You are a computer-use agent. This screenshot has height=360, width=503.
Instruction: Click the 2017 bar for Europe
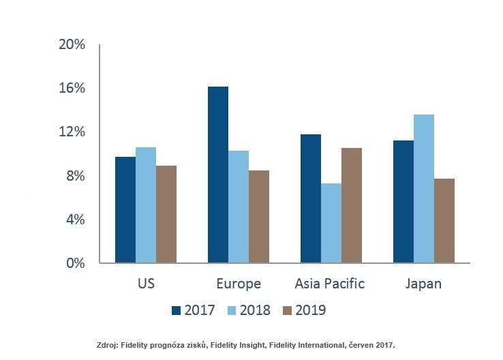point(218,175)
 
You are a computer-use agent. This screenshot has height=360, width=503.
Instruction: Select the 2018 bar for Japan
point(424,189)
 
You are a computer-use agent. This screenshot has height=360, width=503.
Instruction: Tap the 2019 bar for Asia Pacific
point(352,205)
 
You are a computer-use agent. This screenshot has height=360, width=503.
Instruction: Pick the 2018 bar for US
point(146,205)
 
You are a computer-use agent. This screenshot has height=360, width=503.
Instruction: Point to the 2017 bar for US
point(125,210)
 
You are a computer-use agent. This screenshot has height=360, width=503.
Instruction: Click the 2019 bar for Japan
point(444,220)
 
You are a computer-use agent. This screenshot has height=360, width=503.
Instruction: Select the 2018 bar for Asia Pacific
point(331,223)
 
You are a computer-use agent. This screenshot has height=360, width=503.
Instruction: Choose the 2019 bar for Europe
point(259,216)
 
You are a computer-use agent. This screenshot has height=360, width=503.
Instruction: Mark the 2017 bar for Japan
point(403,201)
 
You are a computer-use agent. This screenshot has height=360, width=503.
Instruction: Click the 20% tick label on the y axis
point(72,45)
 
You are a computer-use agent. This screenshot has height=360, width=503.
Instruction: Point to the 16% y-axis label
point(72,89)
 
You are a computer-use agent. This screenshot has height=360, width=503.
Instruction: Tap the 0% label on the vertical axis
point(74,263)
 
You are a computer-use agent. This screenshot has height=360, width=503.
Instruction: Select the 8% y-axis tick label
point(74,176)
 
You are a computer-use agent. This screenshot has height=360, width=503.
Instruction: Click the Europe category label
point(238,284)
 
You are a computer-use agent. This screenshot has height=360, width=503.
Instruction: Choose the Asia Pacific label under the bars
point(330,284)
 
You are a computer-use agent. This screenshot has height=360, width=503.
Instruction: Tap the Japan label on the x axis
point(423,284)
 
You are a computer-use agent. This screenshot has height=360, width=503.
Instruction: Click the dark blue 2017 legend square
point(177,310)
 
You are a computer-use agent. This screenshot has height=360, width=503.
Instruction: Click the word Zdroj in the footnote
point(111,346)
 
